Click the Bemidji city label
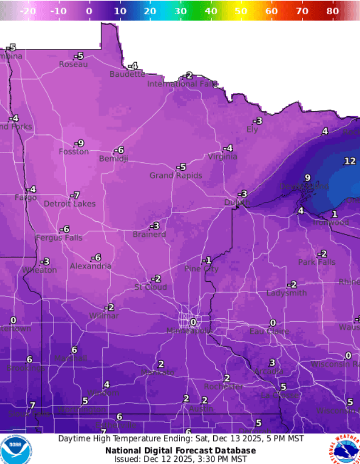tap(113, 159)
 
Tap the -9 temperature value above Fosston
tap(80, 143)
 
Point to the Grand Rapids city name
tap(175, 175)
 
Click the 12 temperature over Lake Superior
tap(349, 161)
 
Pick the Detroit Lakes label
tap(69, 204)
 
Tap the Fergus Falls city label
tap(59, 237)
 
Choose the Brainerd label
tap(149, 234)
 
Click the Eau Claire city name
tap(270, 331)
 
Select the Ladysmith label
tap(287, 293)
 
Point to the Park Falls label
tap(317, 262)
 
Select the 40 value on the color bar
tap(210, 11)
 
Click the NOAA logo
tap(16, 450)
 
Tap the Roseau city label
tap(73, 64)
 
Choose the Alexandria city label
tap(90, 266)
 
